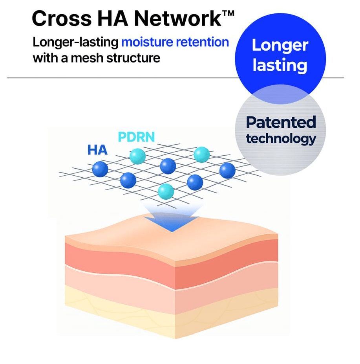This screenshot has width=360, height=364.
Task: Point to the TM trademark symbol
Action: pos(228,13)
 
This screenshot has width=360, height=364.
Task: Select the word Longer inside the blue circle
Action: pos(280,45)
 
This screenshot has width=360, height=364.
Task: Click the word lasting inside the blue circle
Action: pos(280,64)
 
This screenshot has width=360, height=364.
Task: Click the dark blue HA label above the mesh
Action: pos(97,150)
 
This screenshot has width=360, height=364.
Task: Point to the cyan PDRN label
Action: pos(136,137)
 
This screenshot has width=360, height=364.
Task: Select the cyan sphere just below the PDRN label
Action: pos(137,156)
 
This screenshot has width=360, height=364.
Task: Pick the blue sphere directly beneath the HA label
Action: pos(100,169)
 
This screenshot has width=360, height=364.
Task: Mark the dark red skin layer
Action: pos(118,256)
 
